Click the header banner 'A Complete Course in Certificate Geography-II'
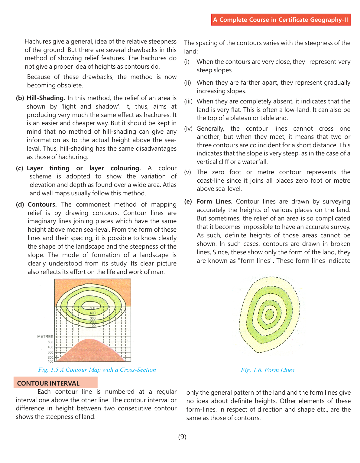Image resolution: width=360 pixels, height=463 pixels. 281,20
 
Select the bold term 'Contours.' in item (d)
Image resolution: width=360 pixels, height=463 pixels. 42,204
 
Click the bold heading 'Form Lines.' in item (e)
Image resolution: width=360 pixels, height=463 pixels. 214,201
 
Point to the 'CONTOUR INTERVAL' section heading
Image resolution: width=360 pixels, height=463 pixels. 48,383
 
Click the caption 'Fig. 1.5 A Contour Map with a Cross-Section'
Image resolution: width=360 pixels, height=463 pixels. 97,370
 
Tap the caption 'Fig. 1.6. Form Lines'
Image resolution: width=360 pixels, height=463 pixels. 268,370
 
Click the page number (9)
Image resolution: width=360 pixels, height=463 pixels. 182,437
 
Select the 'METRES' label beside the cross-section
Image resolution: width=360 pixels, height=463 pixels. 45,336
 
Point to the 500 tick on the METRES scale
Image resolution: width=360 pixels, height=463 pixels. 50,342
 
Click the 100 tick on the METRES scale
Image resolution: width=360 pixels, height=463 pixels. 50,361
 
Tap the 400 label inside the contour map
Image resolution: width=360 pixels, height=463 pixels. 92,313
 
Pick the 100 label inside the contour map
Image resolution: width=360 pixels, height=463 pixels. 92,326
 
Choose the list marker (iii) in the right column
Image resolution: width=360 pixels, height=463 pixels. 188,101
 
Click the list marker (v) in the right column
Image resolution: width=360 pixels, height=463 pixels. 188,172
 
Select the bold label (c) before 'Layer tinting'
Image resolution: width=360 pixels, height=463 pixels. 20,168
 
